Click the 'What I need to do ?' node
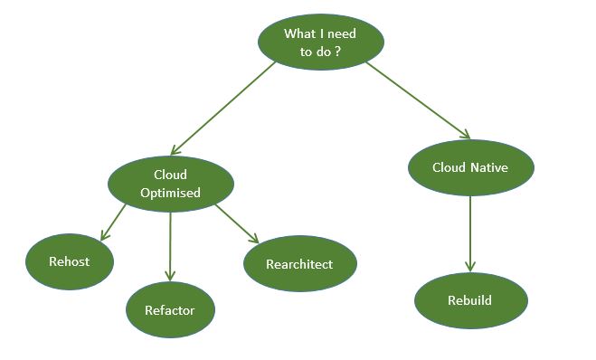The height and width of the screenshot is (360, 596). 321,43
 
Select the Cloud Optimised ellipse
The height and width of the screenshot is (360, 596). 171,184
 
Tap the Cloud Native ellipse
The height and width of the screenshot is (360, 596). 470,167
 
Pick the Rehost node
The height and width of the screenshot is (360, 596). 70,261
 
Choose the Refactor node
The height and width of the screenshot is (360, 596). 170,309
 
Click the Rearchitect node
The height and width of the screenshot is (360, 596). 299,264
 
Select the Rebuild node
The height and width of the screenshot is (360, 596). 470,299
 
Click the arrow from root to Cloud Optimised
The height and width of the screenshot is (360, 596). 223,109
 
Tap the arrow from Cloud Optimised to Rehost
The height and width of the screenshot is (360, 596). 114,223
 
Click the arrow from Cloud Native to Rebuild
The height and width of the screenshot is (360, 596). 470,232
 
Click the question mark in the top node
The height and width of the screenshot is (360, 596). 337,52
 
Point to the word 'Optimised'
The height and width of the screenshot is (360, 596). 171,193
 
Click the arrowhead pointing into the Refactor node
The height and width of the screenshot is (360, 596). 170,275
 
